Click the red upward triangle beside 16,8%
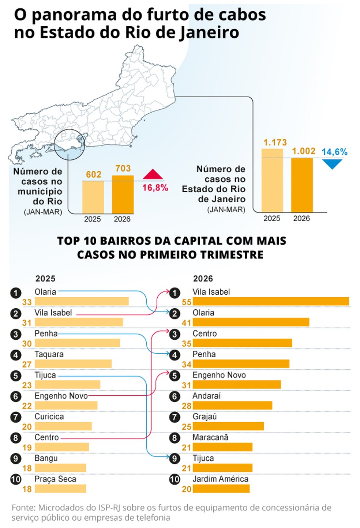coord(153,174)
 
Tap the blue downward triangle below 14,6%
coord(332,164)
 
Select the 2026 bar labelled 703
coord(123,195)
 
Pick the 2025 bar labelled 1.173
coord(272,180)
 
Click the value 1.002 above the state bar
coord(304,151)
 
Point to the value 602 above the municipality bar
coord(93,174)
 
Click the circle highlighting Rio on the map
coord(70,144)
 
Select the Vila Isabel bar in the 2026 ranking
coord(271,301)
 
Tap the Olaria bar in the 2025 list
coord(82,301)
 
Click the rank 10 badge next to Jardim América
coord(175,479)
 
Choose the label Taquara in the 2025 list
coord(49,354)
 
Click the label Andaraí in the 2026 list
coord(207,396)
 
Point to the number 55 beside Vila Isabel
coord(186,302)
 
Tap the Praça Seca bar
coord(60,489)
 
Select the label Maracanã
coord(210,437)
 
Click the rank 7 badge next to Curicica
coord(16,417)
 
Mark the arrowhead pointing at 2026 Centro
coord(168,331)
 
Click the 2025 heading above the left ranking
coord(45,279)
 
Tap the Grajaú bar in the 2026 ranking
coord(228,426)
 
